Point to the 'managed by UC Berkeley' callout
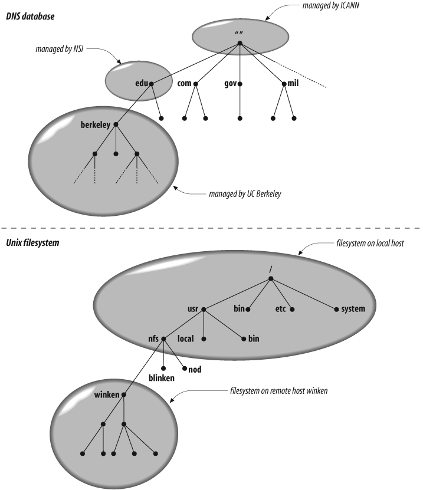tap(243, 194)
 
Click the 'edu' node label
tap(141, 84)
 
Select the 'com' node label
tap(185, 84)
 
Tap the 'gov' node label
tap(231, 84)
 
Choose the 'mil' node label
tap(293, 84)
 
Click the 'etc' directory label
tap(281, 308)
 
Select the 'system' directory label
tap(354, 308)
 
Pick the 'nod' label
tap(195, 369)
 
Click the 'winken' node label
tap(107, 394)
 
